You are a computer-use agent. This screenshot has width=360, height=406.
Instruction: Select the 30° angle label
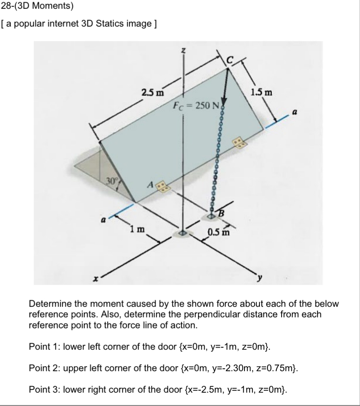coord(112,180)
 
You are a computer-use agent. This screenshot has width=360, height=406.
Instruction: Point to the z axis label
coord(183,50)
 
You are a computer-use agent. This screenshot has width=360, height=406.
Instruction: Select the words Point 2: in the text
coord(42,368)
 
